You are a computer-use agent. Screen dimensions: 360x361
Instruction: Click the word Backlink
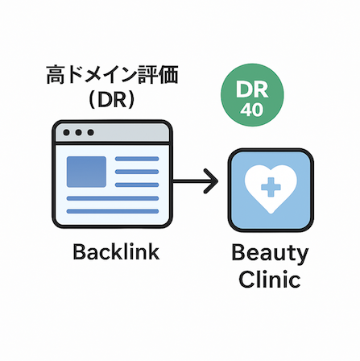pyautogui.click(x=116, y=251)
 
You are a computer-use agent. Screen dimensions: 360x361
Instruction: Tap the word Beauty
pyautogui.click(x=270, y=254)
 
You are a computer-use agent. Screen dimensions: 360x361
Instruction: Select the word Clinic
pyautogui.click(x=270, y=279)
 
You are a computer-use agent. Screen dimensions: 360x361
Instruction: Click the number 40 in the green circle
pyautogui.click(x=252, y=110)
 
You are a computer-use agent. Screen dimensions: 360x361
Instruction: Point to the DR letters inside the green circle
pyautogui.click(x=252, y=89)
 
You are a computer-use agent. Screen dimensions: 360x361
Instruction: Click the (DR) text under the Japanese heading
pyautogui.click(x=112, y=100)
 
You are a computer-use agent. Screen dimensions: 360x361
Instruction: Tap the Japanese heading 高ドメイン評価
pyautogui.click(x=112, y=74)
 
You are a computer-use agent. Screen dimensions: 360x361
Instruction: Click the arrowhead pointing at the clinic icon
pyautogui.click(x=211, y=181)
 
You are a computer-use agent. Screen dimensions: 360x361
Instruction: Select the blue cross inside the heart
pyautogui.click(x=271, y=187)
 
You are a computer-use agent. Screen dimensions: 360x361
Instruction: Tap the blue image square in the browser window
pyautogui.click(x=86, y=172)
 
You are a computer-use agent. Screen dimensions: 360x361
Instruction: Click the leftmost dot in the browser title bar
pyautogui.click(x=66, y=132)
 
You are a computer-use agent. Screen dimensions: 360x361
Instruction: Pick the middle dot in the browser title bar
pyautogui.click(x=78, y=132)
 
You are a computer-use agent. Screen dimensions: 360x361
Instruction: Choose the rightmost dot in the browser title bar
pyautogui.click(x=91, y=132)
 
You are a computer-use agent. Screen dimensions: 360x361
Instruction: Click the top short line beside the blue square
pyautogui.click(x=137, y=159)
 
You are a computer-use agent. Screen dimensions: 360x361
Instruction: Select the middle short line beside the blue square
pyautogui.click(x=137, y=172)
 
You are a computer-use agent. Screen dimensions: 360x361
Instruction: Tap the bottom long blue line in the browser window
pyautogui.click(x=113, y=211)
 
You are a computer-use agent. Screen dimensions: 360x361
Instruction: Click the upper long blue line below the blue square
pyautogui.click(x=113, y=198)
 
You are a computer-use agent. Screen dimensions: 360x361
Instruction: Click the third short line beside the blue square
pyautogui.click(x=137, y=185)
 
